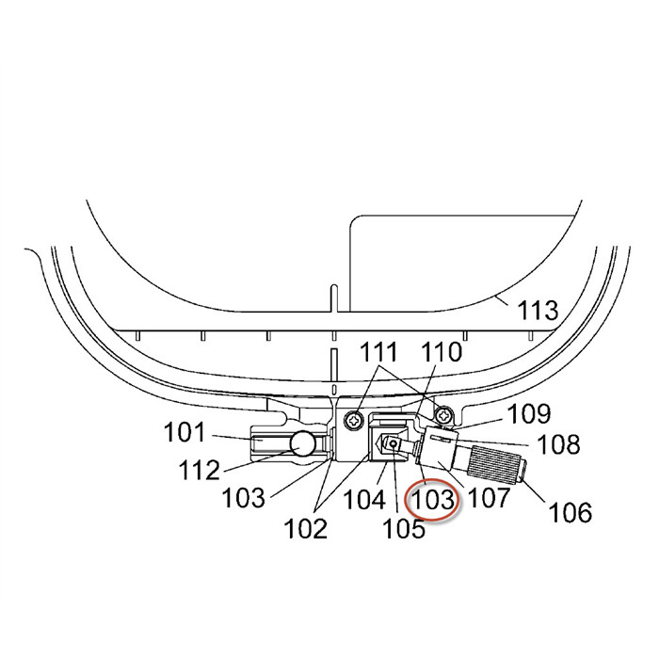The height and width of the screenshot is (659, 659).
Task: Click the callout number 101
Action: (185, 432)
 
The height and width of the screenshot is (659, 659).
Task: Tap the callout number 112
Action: (199, 470)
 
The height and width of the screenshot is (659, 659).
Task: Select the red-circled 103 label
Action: (433, 500)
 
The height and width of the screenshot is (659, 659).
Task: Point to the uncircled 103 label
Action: (243, 498)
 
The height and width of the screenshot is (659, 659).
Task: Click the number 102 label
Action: (306, 529)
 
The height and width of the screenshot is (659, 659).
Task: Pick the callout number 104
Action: (364, 500)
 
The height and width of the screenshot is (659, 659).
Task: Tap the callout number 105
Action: (404, 528)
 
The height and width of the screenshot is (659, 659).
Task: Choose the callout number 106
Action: (571, 513)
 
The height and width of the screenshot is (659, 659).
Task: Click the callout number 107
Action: (489, 498)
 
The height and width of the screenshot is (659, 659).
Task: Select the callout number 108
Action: (559, 444)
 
